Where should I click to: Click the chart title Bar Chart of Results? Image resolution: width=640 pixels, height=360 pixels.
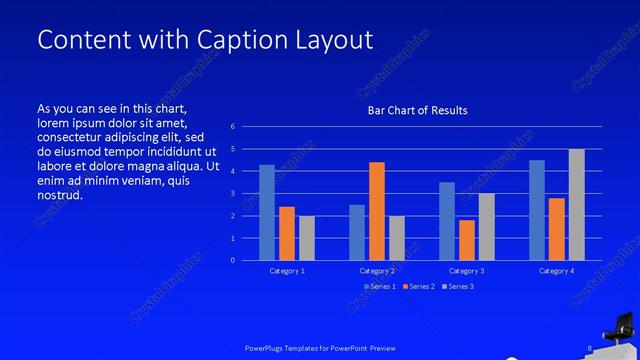(417, 110)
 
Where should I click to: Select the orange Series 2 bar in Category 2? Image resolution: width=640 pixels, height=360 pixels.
(376, 211)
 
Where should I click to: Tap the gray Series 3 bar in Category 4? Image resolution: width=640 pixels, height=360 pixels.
(576, 205)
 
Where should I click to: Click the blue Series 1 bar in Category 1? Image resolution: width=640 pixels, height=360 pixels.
(267, 212)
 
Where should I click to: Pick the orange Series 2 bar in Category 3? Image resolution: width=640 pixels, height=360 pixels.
(466, 240)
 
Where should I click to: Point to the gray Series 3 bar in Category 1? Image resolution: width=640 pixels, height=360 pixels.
(306, 238)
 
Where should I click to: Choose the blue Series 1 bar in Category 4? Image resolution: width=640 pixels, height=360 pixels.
(537, 210)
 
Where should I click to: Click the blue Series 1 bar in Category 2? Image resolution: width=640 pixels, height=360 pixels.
(357, 232)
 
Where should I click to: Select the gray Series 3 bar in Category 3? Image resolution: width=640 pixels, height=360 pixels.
(486, 227)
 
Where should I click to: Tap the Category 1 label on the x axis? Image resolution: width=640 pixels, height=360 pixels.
(287, 271)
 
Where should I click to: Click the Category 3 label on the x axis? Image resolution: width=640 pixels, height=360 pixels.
(466, 271)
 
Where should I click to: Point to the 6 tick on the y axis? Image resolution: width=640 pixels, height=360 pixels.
(232, 127)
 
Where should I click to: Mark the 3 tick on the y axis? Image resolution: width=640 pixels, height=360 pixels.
(232, 194)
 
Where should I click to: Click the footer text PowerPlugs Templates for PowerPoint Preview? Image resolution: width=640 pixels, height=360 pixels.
(320, 348)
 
